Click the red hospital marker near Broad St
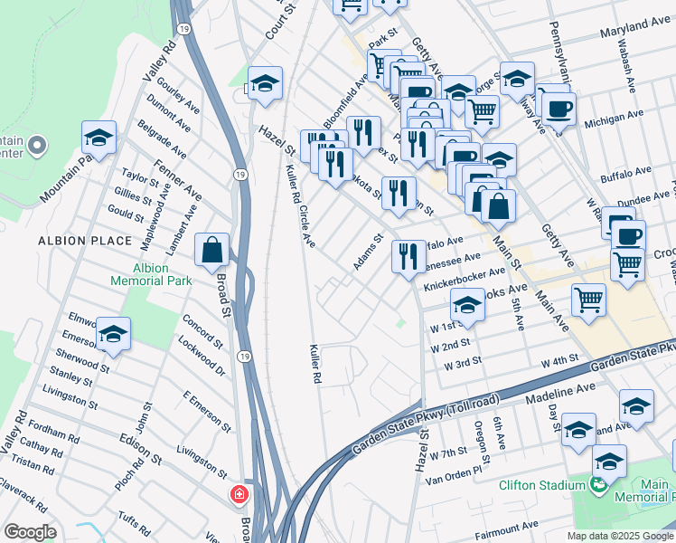tap(239, 495)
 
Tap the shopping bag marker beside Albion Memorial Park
tap(211, 250)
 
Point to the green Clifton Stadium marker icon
tap(597, 486)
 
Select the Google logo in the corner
tap(30, 532)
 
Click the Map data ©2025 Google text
tap(620, 536)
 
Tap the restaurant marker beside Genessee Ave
tap(408, 256)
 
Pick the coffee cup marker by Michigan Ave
tap(559, 110)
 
